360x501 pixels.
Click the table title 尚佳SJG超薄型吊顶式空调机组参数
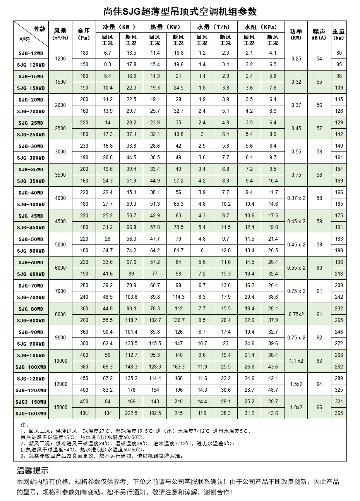click(180, 12)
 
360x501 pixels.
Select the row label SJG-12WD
click(31, 53)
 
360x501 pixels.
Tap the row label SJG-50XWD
click(31, 251)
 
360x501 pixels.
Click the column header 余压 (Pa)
click(84, 34)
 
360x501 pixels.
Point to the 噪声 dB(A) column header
click(319, 34)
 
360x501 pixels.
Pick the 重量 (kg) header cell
click(339, 34)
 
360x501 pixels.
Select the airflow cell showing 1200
click(61, 59)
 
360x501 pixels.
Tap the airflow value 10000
click(61, 361)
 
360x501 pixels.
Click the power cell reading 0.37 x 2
click(296, 198)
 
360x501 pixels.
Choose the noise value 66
click(319, 408)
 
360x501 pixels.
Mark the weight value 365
click(339, 413)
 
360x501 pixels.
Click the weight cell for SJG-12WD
click(339, 53)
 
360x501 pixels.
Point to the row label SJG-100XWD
click(31, 367)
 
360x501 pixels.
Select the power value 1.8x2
click(296, 408)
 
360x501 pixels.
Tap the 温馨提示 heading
click(33, 471)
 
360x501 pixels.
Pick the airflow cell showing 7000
click(61, 291)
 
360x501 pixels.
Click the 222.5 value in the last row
click(131, 413)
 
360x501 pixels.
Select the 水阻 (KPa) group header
click(261, 27)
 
